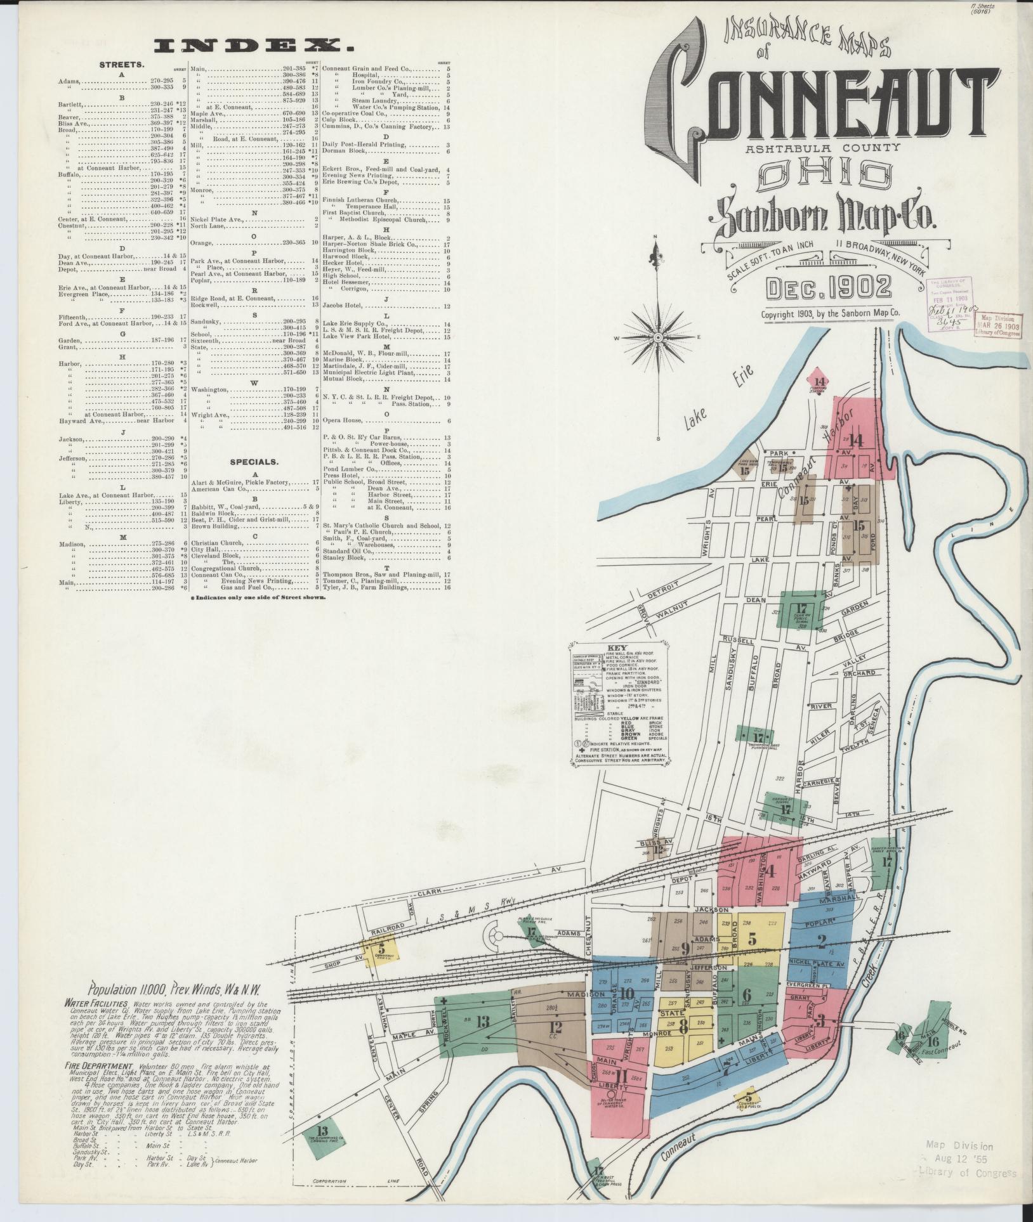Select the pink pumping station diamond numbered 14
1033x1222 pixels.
pos(819,383)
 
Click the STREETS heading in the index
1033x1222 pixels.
pos(121,65)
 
